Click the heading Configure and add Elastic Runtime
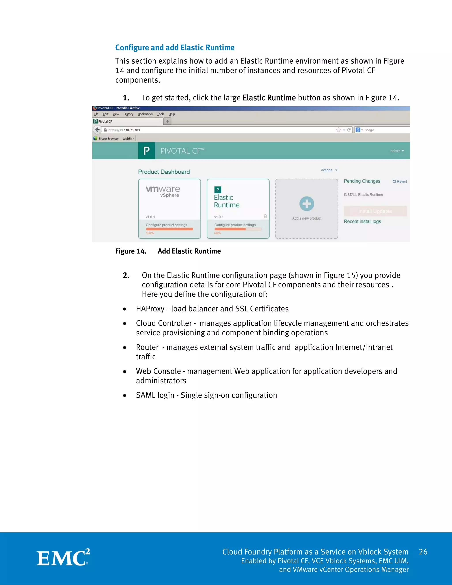(x=175, y=47)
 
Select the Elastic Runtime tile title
(x=226, y=201)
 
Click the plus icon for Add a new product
(x=307, y=204)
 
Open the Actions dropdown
(x=329, y=170)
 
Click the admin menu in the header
(x=397, y=151)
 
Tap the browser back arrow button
(x=98, y=130)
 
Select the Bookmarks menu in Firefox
(x=145, y=114)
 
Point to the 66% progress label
(x=217, y=233)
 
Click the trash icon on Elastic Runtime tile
(x=265, y=216)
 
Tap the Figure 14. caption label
(x=131, y=251)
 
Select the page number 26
(x=423, y=552)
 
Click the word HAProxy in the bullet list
(x=150, y=309)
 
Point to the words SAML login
(x=155, y=395)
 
